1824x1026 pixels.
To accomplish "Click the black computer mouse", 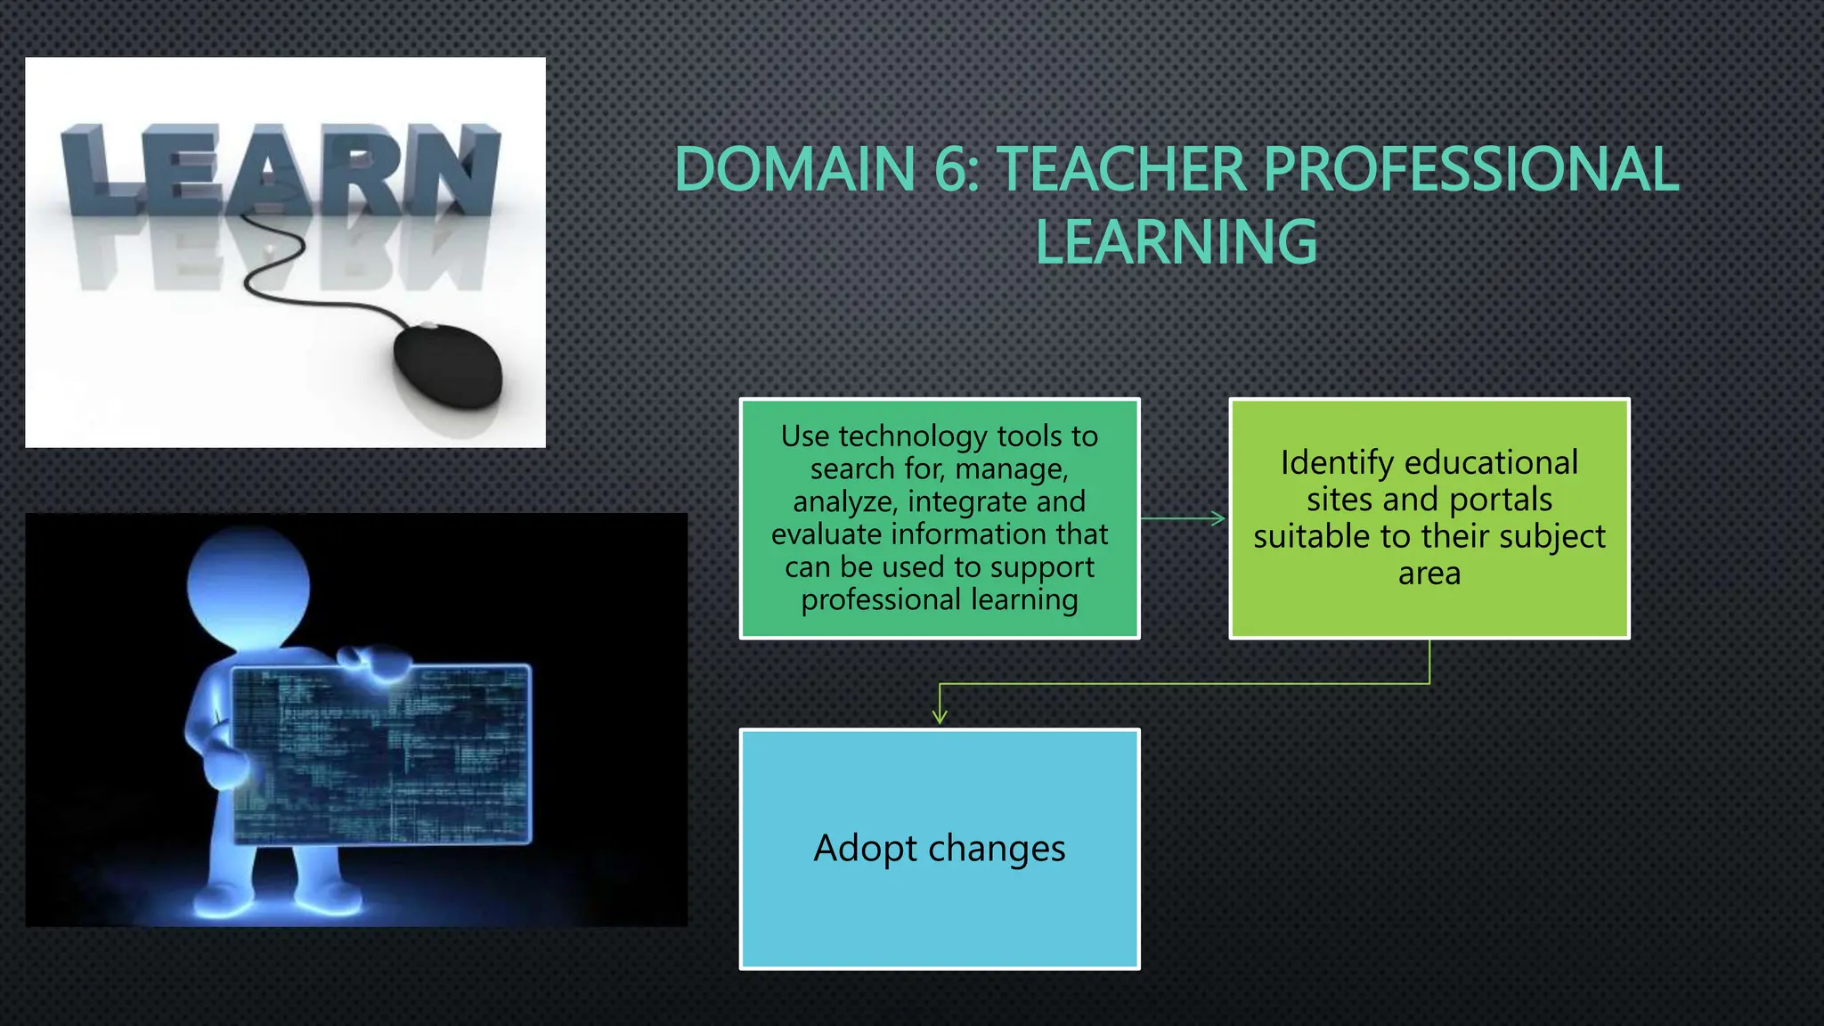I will coord(448,365).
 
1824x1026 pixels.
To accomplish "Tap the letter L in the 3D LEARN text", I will coord(94,170).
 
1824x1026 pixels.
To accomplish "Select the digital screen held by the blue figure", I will coord(380,753).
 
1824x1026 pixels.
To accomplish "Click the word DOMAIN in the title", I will coord(794,169).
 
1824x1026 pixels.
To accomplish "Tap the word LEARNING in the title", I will coord(1176,242).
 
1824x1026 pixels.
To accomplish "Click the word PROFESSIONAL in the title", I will coord(1470,169).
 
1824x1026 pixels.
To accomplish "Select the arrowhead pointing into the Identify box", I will coord(1218,518).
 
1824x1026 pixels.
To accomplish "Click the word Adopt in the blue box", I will coord(865,848).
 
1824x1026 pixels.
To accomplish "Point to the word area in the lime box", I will coord(1429,573).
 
